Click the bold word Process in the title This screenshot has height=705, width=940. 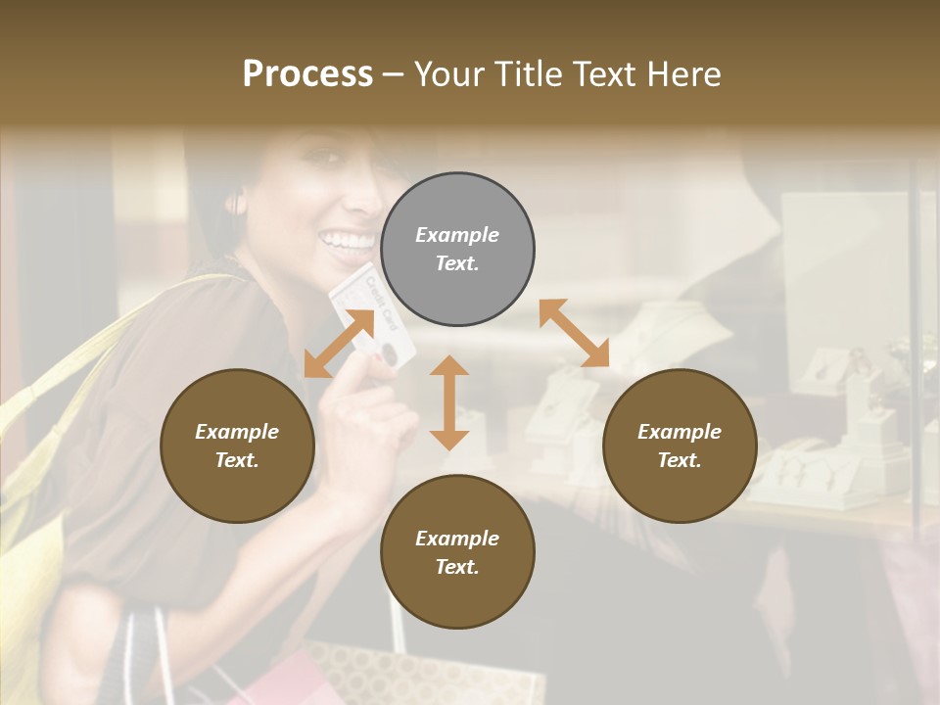pyautogui.click(x=307, y=74)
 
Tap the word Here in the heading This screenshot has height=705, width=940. pyautogui.click(x=684, y=74)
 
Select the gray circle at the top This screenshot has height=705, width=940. pyautogui.click(x=457, y=249)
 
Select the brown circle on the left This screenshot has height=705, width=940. pyautogui.click(x=237, y=446)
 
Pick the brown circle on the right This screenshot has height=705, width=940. pyautogui.click(x=680, y=446)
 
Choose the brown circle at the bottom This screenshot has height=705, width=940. pyautogui.click(x=457, y=552)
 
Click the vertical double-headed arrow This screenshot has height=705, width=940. pyautogui.click(x=449, y=402)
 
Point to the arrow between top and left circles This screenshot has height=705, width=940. pyautogui.click(x=339, y=344)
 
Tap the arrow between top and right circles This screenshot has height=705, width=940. pyautogui.click(x=574, y=333)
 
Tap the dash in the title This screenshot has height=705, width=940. pyautogui.click(x=395, y=74)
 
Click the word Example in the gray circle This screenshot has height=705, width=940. pyautogui.click(x=457, y=235)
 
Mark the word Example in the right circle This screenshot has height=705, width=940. pyautogui.click(x=680, y=432)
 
